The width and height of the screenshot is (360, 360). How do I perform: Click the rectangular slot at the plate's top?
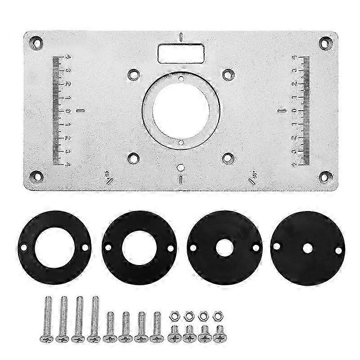(x=180, y=53)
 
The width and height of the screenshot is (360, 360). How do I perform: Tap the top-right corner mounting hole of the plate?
(x=324, y=44)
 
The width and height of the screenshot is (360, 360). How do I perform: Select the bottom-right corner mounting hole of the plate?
(x=325, y=175)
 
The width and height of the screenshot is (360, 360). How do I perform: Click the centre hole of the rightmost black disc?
(x=308, y=248)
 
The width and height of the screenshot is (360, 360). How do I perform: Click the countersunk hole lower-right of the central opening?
(x=228, y=157)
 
